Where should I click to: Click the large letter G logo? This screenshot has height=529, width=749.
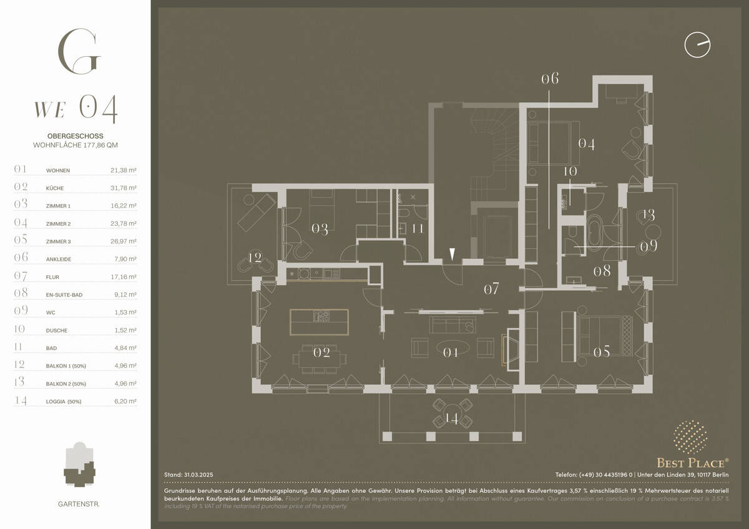(78, 51)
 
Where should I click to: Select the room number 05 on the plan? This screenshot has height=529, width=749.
(601, 352)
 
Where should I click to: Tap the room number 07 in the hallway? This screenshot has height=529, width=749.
(492, 289)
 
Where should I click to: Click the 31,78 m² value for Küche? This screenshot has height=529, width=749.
(127, 188)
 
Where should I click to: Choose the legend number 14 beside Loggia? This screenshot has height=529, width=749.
(21, 401)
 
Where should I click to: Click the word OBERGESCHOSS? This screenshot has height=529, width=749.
(75, 135)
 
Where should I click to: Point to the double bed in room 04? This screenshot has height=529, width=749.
(549, 142)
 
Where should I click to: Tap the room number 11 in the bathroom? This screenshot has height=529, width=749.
(418, 228)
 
